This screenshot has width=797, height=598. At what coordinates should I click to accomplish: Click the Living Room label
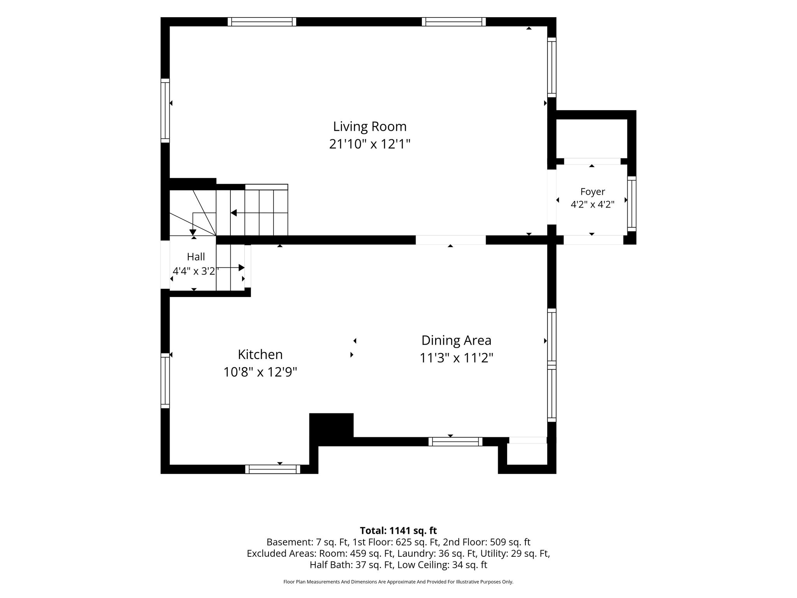[x=370, y=127]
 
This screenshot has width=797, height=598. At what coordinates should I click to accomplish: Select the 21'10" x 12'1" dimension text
[x=370, y=144]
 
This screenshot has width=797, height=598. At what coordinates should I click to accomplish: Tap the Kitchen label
[x=260, y=354]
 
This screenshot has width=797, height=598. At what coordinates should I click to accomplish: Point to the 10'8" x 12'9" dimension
[x=260, y=372]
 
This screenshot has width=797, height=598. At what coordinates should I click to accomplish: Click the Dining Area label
[x=456, y=341]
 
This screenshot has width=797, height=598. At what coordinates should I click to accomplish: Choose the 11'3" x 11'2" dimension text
[x=456, y=358]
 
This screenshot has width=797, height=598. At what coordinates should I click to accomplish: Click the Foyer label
[x=593, y=192]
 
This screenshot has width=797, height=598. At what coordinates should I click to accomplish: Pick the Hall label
[x=196, y=257]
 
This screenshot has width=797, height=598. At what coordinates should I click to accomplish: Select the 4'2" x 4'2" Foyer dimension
[x=592, y=204]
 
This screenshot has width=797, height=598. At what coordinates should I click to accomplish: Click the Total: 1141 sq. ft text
[x=398, y=531]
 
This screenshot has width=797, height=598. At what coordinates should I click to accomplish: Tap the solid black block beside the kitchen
[x=331, y=429]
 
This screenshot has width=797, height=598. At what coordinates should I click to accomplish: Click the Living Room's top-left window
[x=262, y=22]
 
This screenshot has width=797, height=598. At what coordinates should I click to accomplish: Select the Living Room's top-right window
[x=454, y=22]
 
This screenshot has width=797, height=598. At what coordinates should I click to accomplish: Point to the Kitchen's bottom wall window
[x=272, y=469]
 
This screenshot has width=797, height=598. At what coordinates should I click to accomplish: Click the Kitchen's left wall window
[x=165, y=381]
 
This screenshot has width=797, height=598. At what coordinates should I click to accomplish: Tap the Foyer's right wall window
[x=632, y=204]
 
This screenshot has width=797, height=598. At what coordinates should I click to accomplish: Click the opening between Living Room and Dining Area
[x=451, y=240]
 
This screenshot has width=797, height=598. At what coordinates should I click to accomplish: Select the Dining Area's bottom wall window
[x=455, y=441]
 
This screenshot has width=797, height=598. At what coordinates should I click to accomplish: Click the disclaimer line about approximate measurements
[x=398, y=582]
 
